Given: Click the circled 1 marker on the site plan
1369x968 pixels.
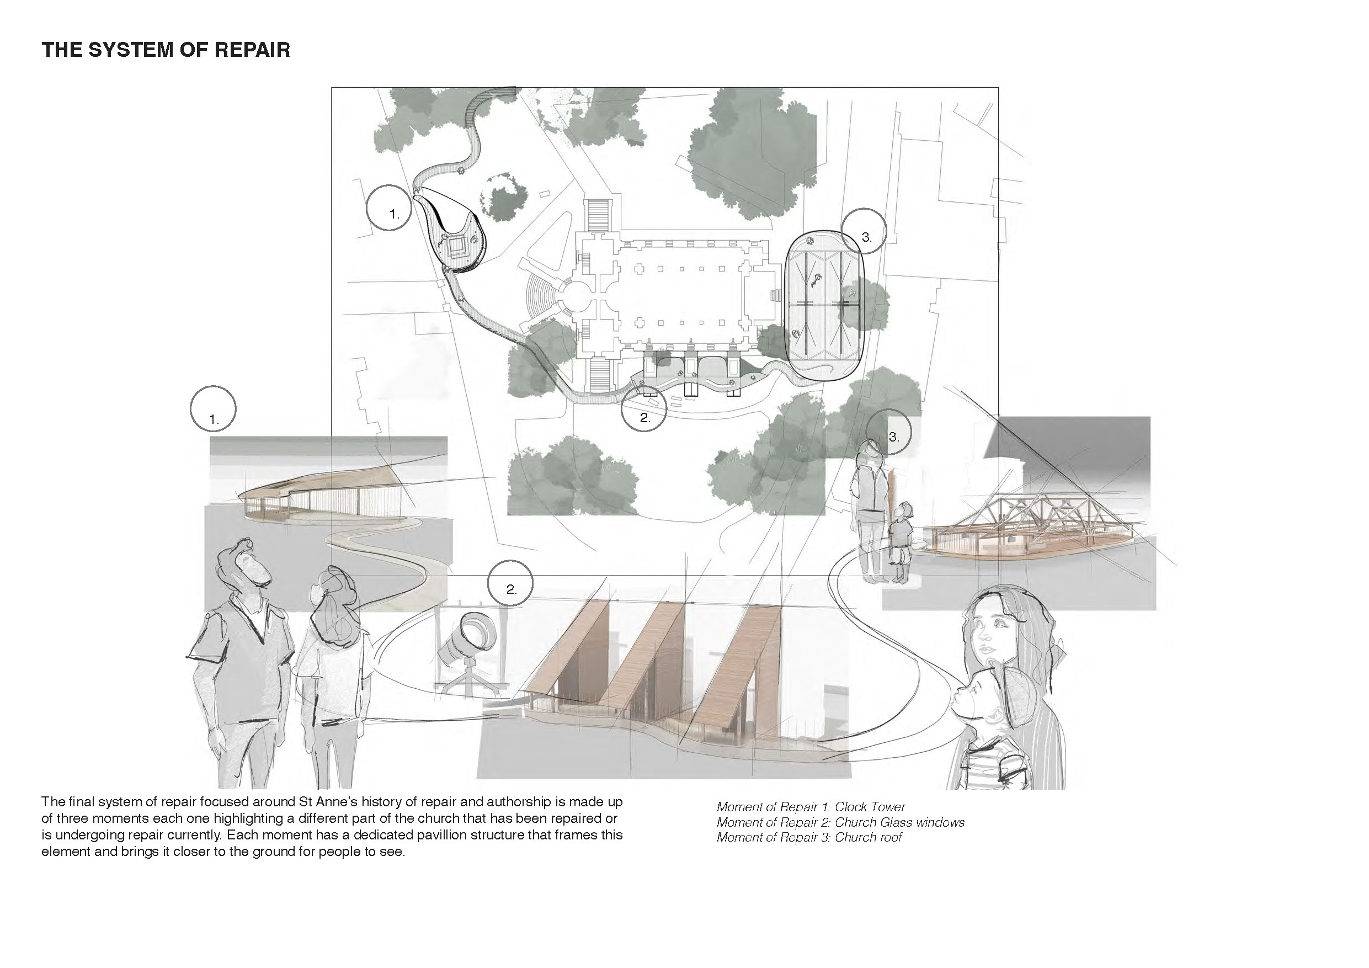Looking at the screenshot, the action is pyautogui.click(x=390, y=208).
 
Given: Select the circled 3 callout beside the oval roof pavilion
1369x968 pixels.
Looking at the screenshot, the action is pyautogui.click(x=864, y=231).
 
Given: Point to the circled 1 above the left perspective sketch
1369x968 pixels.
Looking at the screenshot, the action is pyautogui.click(x=214, y=409).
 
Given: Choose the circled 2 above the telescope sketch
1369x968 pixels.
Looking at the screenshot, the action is pyautogui.click(x=510, y=583).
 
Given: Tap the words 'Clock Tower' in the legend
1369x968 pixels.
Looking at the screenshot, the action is pyautogui.click(x=870, y=807).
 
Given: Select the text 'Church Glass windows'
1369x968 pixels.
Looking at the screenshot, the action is pyautogui.click(x=899, y=822).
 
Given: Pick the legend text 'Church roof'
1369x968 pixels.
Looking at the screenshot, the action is pyautogui.click(x=868, y=837).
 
